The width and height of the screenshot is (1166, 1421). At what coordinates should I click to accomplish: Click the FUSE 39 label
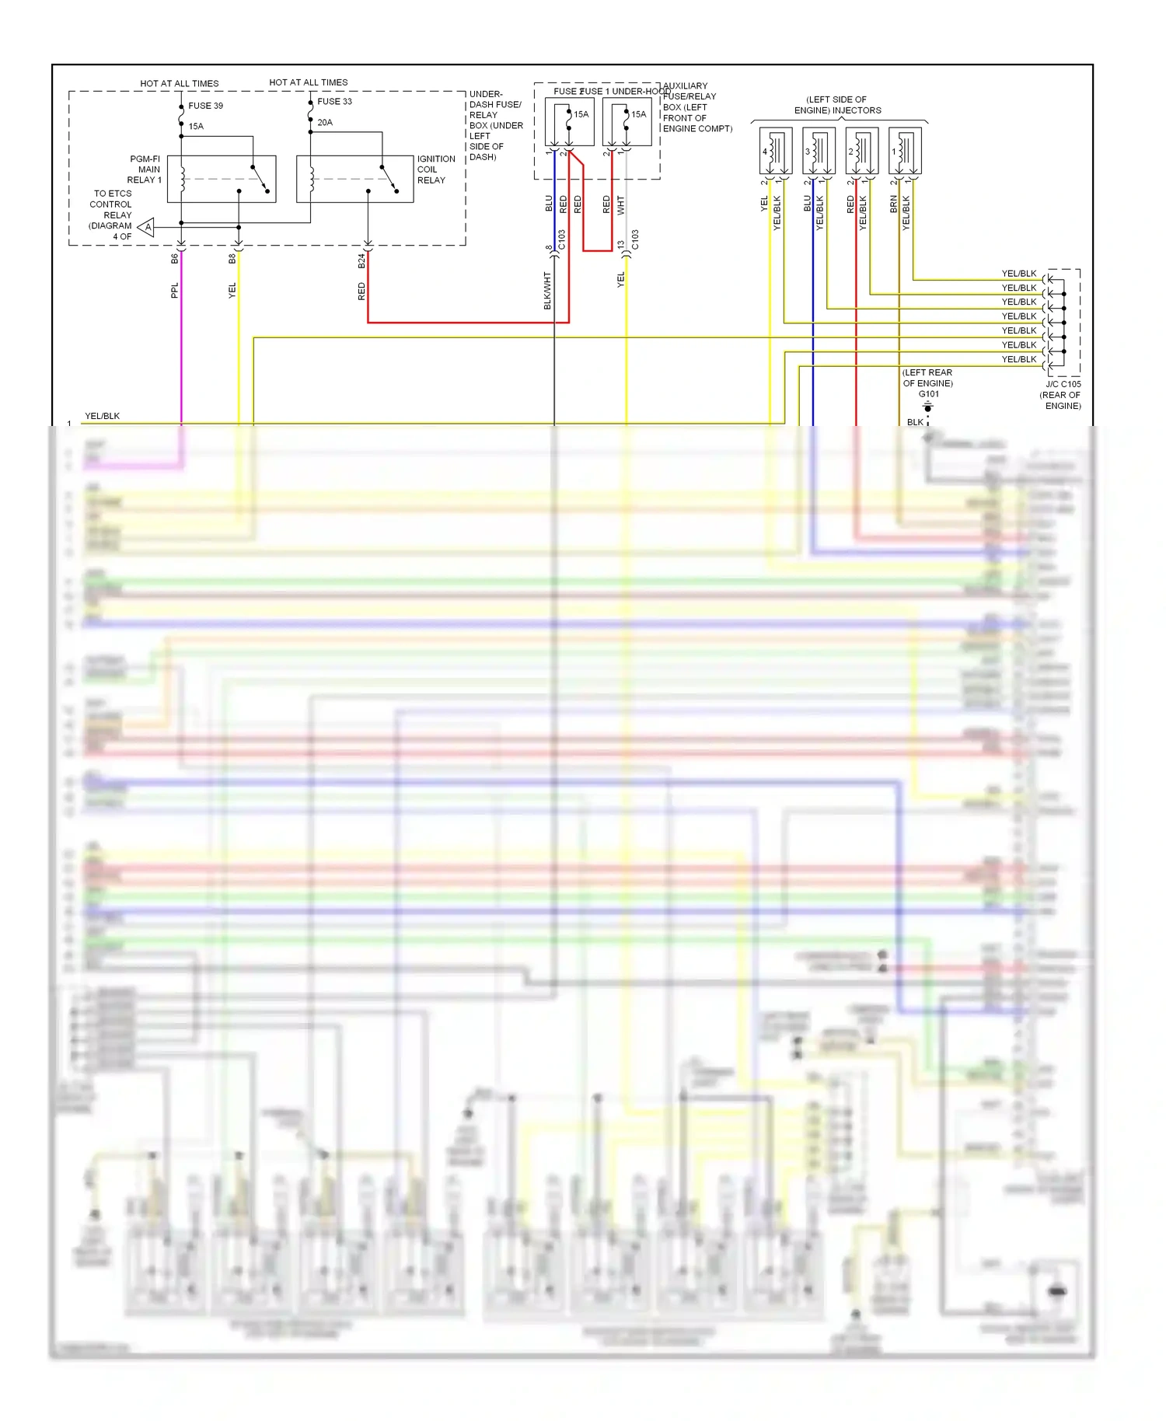click(205, 106)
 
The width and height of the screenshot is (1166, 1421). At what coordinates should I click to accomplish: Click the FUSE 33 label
click(334, 101)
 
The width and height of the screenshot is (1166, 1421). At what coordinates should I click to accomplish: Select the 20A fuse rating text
click(325, 122)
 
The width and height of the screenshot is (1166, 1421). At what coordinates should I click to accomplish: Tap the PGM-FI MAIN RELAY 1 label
click(145, 169)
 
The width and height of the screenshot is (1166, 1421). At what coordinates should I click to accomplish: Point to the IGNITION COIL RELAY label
click(435, 169)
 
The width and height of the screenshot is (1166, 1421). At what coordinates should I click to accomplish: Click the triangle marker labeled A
click(147, 227)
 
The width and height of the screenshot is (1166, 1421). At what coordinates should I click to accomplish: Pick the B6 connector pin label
click(174, 258)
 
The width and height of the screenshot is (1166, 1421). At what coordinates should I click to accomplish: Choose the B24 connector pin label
click(361, 260)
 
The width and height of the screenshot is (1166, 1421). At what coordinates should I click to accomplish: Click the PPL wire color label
click(174, 290)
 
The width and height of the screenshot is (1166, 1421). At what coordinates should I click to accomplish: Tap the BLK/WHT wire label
click(547, 291)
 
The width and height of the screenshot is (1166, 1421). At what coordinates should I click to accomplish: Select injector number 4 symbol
click(775, 151)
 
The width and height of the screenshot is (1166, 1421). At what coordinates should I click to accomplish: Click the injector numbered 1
click(905, 151)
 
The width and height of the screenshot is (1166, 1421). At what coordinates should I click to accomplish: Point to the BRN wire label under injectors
click(894, 204)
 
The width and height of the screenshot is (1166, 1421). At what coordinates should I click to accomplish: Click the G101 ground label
click(929, 394)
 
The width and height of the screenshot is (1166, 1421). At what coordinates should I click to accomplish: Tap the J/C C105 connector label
click(1063, 384)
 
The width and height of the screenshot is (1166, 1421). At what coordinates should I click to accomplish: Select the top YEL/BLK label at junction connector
click(1019, 274)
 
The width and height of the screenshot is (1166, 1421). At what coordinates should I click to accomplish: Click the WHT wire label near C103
click(620, 205)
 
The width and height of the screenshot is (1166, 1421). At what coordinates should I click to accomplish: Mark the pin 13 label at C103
click(621, 245)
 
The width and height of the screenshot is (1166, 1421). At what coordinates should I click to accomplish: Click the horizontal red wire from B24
click(466, 322)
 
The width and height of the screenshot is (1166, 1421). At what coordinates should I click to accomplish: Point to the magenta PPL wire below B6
click(181, 350)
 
